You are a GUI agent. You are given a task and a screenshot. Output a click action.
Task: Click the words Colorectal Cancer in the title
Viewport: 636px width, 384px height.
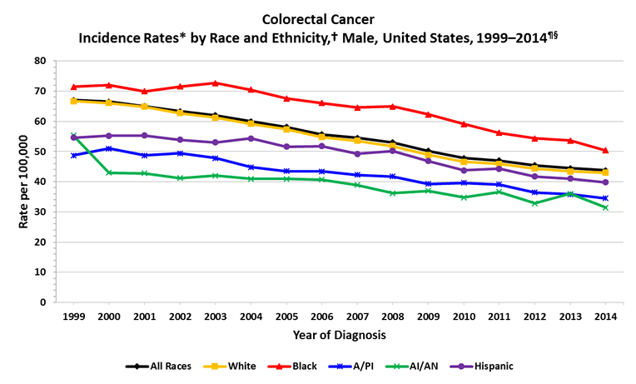(318, 17)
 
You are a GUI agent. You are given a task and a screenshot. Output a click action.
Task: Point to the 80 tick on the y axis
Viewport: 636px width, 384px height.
(39, 61)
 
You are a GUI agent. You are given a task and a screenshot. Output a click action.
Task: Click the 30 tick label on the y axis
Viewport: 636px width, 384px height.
(39, 212)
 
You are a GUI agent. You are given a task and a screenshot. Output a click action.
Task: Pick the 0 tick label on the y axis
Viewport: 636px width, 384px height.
(42, 302)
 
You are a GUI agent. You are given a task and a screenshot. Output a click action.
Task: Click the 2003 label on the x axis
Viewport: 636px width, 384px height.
(215, 317)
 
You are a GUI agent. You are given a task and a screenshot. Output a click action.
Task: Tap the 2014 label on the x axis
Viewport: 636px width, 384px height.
(605, 317)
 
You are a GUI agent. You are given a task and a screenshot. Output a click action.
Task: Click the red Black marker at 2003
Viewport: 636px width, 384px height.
(215, 83)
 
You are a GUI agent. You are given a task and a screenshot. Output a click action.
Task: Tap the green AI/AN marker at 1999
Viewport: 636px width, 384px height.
(73, 135)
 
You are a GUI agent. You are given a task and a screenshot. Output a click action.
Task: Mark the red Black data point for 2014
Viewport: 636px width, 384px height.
(605, 150)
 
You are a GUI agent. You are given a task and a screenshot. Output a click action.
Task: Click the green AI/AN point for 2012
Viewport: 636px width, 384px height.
(534, 203)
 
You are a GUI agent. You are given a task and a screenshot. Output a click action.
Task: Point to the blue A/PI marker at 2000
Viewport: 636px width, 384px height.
(108, 148)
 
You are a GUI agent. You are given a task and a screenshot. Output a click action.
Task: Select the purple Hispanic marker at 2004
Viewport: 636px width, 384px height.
(251, 138)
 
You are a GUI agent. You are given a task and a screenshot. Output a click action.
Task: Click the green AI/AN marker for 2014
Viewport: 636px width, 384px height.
(605, 207)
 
